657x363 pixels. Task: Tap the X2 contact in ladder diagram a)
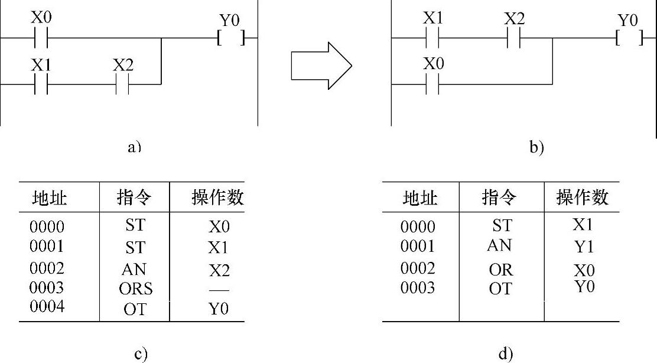tap(122, 84)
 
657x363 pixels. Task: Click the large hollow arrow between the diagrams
tap(321, 66)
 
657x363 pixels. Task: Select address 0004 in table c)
tap(47, 308)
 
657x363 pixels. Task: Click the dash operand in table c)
tap(219, 290)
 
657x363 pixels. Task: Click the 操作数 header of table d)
tap(582, 197)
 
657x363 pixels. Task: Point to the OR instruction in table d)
tap(501, 269)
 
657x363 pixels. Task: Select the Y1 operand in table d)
tap(583, 247)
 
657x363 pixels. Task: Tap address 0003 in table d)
tap(417, 288)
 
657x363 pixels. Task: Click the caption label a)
tap(135, 147)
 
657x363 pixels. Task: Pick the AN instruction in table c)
tap(134, 269)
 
